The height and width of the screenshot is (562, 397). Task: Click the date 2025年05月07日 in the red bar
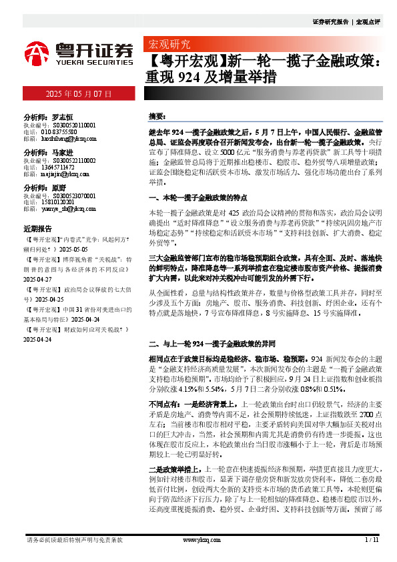[x=78, y=94]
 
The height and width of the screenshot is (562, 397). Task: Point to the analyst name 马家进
[x=61, y=152]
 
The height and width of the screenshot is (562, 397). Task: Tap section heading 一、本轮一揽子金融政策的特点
[x=197, y=198]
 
